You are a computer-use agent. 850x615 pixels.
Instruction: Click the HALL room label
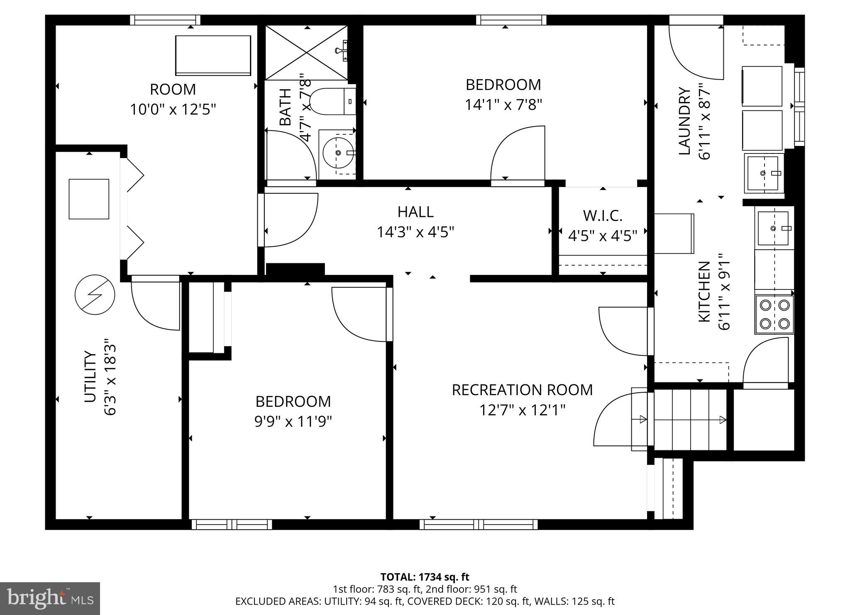pyautogui.click(x=415, y=212)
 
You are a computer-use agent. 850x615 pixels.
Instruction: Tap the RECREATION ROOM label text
pyautogui.click(x=522, y=390)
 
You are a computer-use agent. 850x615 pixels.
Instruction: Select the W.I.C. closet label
pyautogui.click(x=603, y=216)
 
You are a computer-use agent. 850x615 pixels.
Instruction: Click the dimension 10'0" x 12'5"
pyautogui.click(x=173, y=110)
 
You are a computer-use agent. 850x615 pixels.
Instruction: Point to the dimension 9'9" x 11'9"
pyautogui.click(x=293, y=422)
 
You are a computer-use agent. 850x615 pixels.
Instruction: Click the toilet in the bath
pyautogui.click(x=332, y=102)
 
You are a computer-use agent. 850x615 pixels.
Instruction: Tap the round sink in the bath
pyautogui.click(x=338, y=153)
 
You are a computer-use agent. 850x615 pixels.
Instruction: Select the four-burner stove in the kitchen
pyautogui.click(x=774, y=314)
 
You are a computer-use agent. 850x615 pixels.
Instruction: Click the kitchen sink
pyautogui.click(x=773, y=228)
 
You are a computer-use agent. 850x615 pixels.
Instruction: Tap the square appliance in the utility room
pyautogui.click(x=89, y=199)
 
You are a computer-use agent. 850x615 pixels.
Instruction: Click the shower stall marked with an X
pyautogui.click(x=306, y=52)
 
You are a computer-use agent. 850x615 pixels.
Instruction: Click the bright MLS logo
pyautogui.click(x=50, y=598)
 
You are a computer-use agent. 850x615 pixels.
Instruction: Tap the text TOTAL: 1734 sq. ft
pyautogui.click(x=425, y=577)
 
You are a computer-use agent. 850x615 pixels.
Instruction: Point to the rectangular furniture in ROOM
pyautogui.click(x=213, y=55)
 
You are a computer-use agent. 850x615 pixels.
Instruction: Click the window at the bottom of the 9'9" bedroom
pyautogui.click(x=232, y=525)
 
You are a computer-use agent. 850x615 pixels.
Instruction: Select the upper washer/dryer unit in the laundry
pyautogui.click(x=762, y=86)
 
